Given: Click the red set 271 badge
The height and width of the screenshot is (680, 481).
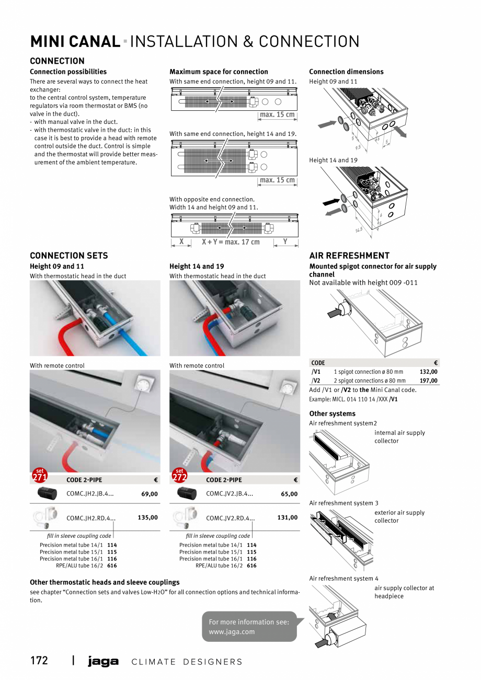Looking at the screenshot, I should (40, 475).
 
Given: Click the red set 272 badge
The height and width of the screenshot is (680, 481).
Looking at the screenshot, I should (179, 475).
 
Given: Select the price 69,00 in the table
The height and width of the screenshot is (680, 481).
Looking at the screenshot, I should (150, 494).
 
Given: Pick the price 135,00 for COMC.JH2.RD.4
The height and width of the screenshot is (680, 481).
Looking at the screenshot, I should (147, 517).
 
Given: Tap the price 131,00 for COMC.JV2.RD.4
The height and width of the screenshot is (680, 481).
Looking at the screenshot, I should (287, 517).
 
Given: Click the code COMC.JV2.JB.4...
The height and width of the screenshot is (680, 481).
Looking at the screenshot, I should (230, 493).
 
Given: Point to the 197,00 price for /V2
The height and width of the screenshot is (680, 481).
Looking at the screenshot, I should (428, 381).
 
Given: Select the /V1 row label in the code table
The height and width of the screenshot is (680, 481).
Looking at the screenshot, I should (316, 372).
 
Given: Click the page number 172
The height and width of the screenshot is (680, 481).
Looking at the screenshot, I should (39, 661).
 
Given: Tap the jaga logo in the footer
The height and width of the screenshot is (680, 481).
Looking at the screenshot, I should (103, 662).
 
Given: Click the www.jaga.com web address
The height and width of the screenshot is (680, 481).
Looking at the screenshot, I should (232, 631).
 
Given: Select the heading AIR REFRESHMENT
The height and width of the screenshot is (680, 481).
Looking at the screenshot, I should (349, 256).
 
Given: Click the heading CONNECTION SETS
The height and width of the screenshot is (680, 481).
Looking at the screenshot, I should (69, 256).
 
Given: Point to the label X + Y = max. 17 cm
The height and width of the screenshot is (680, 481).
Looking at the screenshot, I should (231, 242).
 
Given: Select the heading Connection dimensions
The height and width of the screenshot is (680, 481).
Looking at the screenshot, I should (346, 72).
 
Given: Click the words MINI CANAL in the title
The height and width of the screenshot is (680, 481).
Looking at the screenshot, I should (75, 42).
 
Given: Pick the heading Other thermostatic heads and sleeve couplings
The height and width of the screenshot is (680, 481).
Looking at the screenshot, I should (105, 582).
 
